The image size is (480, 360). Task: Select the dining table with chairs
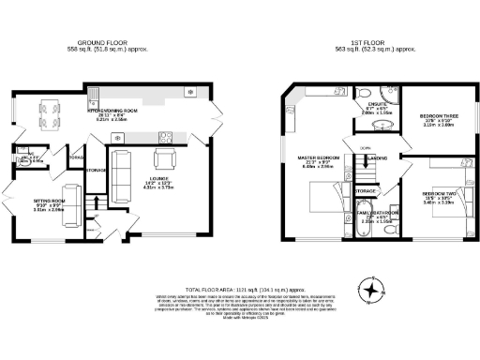tap(47, 113)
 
